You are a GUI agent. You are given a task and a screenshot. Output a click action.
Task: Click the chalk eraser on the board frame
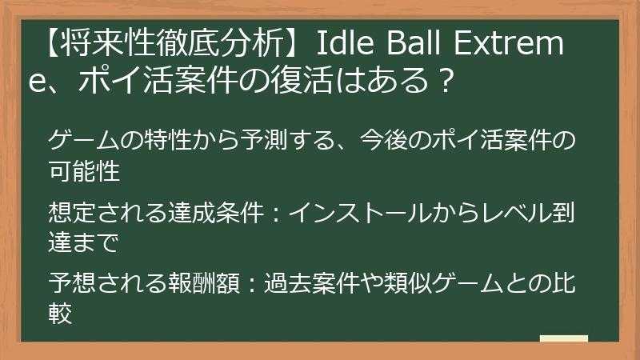(x=563, y=339)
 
